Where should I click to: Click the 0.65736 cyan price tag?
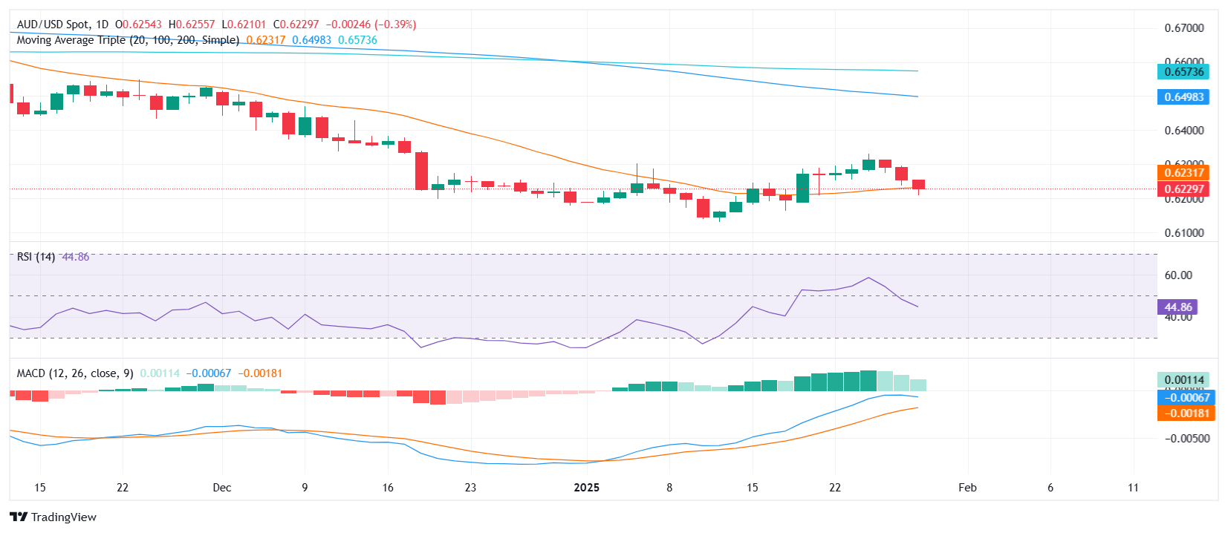point(1183,72)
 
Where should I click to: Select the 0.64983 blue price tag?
point(1183,97)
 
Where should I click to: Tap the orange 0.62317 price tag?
point(1183,173)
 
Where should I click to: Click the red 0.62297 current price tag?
point(1183,189)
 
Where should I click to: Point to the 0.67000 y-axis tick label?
point(1183,28)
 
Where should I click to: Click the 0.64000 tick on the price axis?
point(1183,131)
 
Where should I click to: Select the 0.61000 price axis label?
point(1183,233)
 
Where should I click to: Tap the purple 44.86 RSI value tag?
point(1177,307)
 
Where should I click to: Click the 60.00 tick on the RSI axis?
point(1178,275)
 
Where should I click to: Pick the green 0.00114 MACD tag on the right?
point(1183,380)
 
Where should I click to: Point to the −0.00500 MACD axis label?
point(1186,439)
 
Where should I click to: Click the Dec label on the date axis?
point(221,488)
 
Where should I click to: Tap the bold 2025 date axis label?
point(587,488)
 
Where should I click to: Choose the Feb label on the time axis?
point(967,488)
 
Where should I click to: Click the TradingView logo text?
point(63,517)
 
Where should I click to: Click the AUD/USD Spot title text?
point(53,24)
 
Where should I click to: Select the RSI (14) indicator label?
point(36,257)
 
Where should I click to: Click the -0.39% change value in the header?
point(397,24)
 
